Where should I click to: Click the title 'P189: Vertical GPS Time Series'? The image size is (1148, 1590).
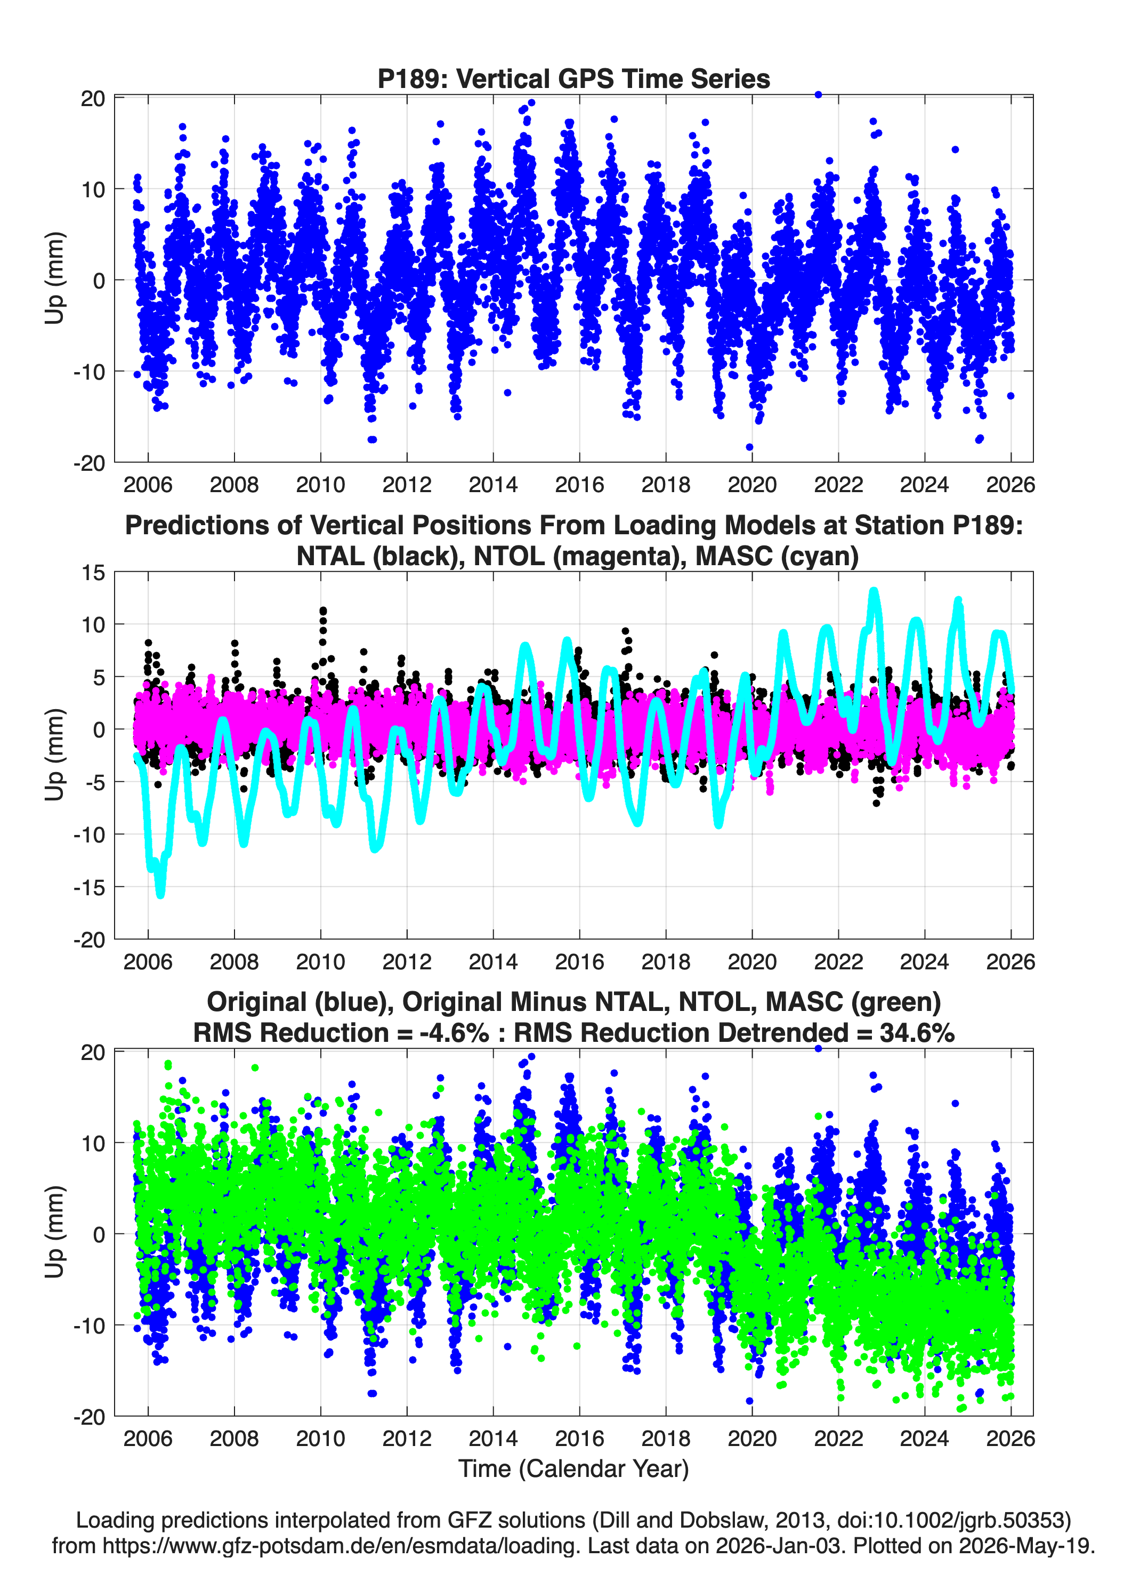[x=573, y=78]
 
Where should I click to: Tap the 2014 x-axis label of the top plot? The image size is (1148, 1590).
[x=492, y=485]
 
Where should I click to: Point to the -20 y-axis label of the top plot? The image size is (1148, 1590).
[x=89, y=463]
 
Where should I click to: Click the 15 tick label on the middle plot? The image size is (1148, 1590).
[x=93, y=573]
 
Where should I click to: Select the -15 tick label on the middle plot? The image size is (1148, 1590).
[x=89, y=887]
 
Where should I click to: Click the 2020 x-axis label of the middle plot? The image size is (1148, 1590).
[x=752, y=961]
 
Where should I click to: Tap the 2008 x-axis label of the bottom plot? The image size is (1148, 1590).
[x=234, y=1438]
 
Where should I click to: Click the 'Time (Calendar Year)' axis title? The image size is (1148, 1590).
[x=573, y=1468]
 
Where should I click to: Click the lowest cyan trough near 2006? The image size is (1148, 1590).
[x=160, y=893]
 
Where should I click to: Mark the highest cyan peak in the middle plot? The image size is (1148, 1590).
[x=874, y=592]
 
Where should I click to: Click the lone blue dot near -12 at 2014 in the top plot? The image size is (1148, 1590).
[x=507, y=392]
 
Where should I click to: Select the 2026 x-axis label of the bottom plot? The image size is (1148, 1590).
[x=1010, y=1438]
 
